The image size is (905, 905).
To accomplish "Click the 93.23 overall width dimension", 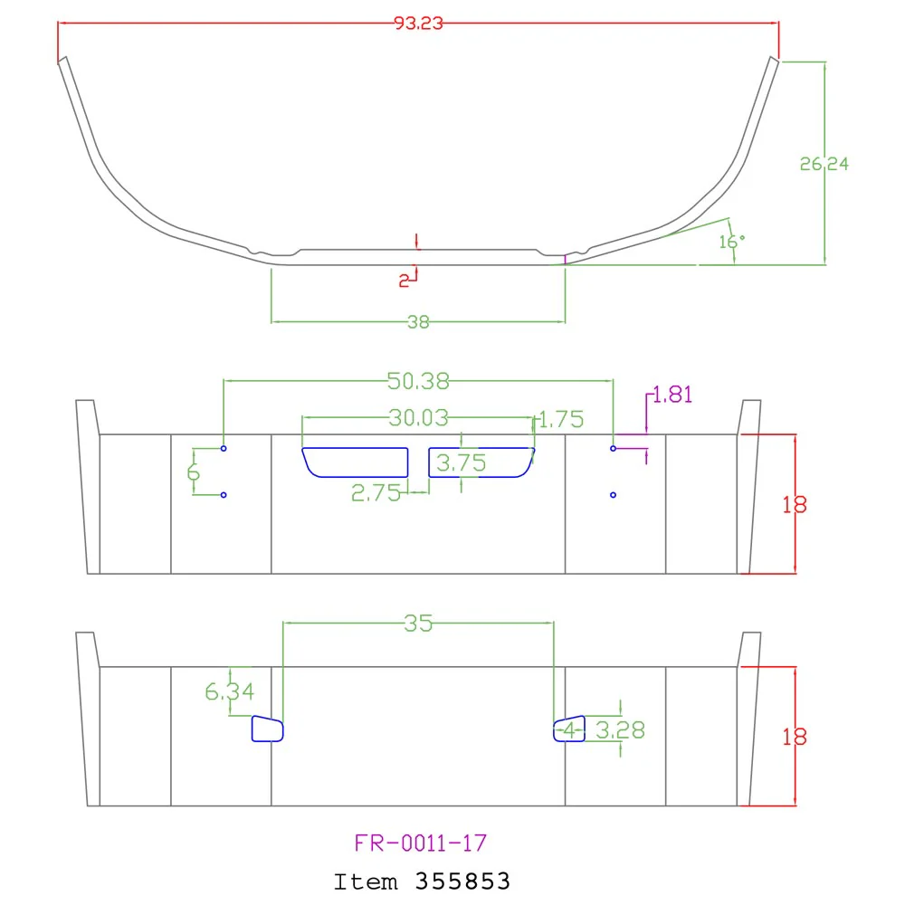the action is pos(418,24).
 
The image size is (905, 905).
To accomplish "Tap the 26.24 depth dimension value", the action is pos(824,165).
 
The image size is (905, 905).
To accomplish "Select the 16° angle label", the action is pos(732,242).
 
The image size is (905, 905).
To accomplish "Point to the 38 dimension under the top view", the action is pos(418,322).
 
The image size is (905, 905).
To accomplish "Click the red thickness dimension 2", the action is pos(404,281).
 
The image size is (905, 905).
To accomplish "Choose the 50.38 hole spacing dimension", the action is pos(418,382).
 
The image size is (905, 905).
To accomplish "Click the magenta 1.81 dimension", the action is pos(672,395).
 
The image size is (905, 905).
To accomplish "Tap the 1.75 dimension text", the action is pos(561,420).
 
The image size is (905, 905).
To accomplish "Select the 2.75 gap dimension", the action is pos(376,493).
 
